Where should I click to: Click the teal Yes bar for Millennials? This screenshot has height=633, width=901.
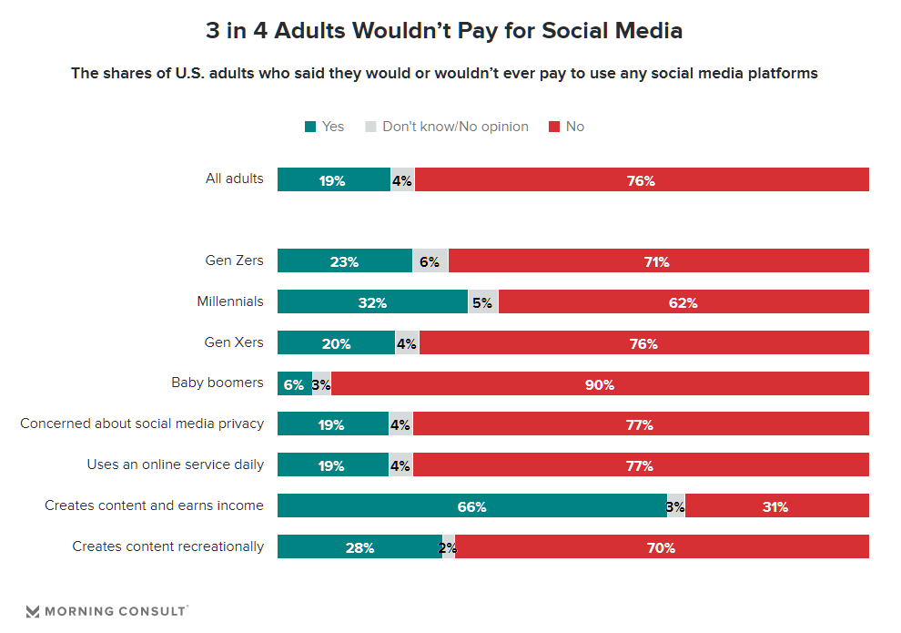click(372, 302)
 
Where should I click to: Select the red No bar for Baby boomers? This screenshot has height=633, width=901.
click(600, 384)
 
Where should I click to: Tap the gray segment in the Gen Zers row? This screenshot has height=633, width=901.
click(430, 261)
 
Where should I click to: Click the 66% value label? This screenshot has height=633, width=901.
click(471, 507)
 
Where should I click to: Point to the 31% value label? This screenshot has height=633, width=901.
click(774, 507)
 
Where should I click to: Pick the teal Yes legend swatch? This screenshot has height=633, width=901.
click(310, 127)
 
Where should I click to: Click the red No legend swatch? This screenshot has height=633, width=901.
click(553, 127)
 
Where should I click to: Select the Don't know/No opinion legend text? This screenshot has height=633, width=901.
click(455, 127)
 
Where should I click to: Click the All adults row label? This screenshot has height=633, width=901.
click(235, 179)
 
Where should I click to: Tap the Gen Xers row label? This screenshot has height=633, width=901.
click(235, 342)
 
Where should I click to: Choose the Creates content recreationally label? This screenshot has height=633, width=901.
click(168, 546)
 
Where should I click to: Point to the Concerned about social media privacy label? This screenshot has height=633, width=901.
click(142, 424)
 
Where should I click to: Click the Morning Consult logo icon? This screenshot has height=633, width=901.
click(33, 611)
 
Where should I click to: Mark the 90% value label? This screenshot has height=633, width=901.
click(600, 385)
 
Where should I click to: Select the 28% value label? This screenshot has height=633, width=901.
click(359, 548)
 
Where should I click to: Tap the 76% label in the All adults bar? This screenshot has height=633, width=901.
click(641, 181)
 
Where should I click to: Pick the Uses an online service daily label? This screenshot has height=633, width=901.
click(176, 465)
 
